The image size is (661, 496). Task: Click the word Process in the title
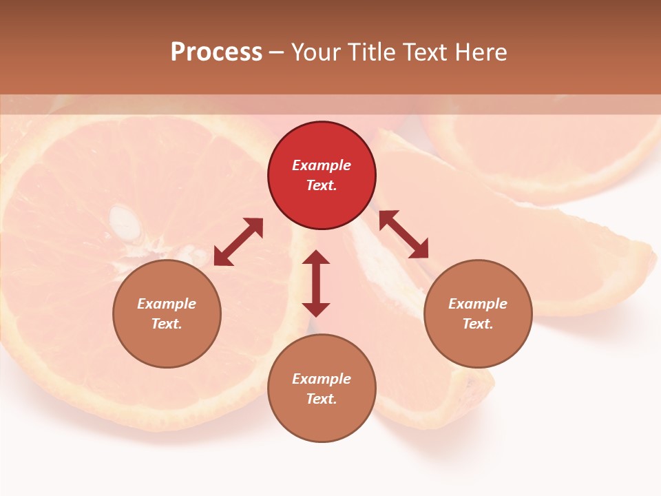(216, 52)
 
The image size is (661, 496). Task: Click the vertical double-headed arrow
(316, 283)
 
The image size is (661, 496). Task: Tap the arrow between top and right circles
(403, 234)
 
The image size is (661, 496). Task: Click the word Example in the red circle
(322, 165)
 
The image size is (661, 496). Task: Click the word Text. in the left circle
(167, 324)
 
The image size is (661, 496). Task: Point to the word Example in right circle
(478, 304)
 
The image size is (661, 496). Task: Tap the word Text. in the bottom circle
(322, 399)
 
